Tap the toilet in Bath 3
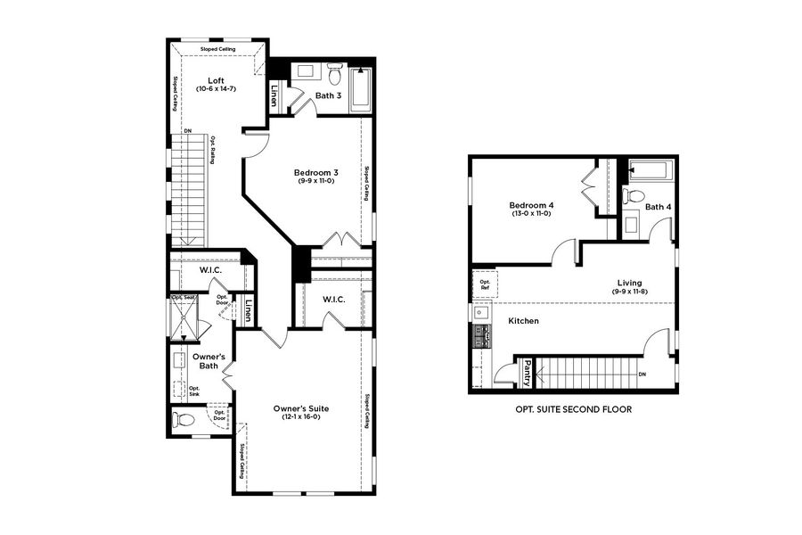(x=335, y=73)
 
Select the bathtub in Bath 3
(x=362, y=88)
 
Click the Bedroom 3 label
(x=316, y=172)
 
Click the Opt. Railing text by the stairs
(x=212, y=151)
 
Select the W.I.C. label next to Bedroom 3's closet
(x=334, y=299)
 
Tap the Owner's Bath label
(x=211, y=361)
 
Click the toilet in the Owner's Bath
(x=184, y=420)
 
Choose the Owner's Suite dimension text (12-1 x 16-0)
(x=301, y=417)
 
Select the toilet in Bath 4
(x=634, y=195)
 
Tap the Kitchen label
(x=524, y=320)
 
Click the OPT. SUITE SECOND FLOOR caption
(x=573, y=410)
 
